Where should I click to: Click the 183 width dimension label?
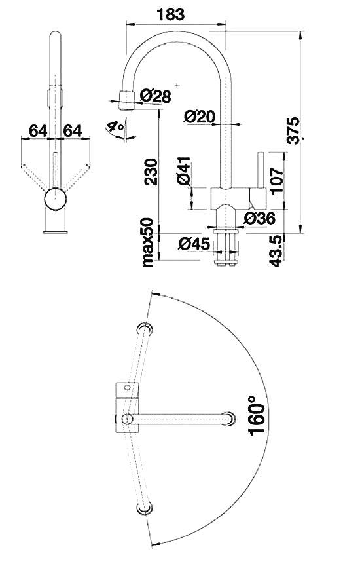point(171,14)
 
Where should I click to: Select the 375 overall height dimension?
point(294,130)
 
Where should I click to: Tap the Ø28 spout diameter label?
point(155,96)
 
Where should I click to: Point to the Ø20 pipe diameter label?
point(200,116)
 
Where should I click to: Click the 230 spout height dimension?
point(151,172)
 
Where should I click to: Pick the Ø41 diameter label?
point(183,171)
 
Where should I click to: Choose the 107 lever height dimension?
point(278,181)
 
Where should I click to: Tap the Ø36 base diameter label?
point(259,218)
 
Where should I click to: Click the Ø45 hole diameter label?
point(194,244)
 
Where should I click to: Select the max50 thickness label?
point(148,243)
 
